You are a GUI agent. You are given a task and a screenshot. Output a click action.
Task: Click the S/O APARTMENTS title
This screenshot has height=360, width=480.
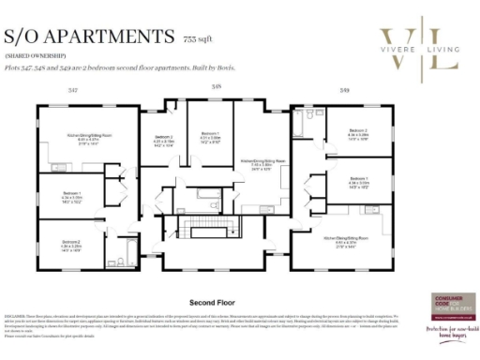(88, 37)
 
